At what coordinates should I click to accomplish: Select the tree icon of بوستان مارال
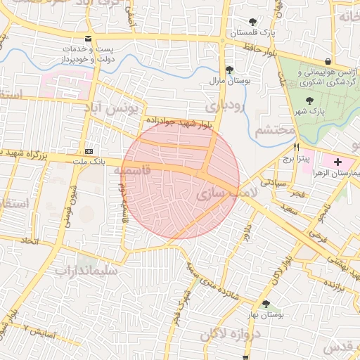coord(229,69)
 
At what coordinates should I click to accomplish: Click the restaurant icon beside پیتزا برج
coord(296,147)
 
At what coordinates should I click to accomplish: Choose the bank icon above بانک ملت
coord(89,152)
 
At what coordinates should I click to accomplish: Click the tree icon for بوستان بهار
coord(265,304)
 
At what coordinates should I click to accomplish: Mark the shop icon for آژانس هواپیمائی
coord(328,61)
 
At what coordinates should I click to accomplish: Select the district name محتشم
coord(271,130)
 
